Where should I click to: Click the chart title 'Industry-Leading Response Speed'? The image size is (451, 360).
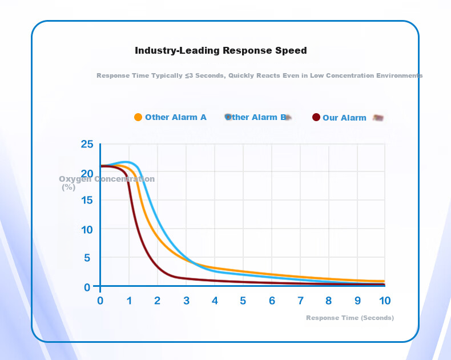point(221,51)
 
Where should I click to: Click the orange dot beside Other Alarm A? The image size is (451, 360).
point(138,117)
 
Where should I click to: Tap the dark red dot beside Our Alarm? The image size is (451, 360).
point(316,117)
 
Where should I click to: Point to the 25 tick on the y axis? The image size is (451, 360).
point(87,144)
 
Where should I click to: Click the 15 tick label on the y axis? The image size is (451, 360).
point(87,200)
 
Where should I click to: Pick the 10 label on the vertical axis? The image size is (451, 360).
point(87,230)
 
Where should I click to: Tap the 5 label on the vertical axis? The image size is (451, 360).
point(87,258)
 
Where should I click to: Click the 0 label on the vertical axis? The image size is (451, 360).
point(87,287)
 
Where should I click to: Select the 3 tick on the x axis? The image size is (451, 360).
point(186,301)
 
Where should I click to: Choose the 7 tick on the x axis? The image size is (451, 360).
point(300,301)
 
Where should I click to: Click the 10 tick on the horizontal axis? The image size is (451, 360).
point(385,301)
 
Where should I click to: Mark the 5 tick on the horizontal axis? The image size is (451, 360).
point(243,301)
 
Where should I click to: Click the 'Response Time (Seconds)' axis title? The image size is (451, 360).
point(350,318)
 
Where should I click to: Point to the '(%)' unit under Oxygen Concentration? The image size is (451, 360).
point(69,187)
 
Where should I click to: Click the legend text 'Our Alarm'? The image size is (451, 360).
point(345,118)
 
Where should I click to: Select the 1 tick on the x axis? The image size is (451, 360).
point(129,301)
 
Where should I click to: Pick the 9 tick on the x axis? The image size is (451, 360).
point(357,301)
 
